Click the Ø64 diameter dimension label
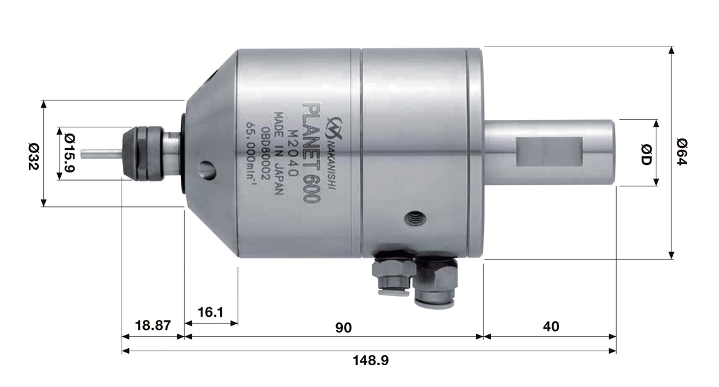[x=682, y=152]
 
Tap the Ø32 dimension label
[x=33, y=157]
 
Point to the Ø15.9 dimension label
[x=70, y=153]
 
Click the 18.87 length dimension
[x=153, y=326]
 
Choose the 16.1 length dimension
[x=210, y=312]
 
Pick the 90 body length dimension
[x=343, y=327]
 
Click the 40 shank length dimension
[x=551, y=326]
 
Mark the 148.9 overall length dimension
[x=370, y=360]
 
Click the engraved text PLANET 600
[x=312, y=153]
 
